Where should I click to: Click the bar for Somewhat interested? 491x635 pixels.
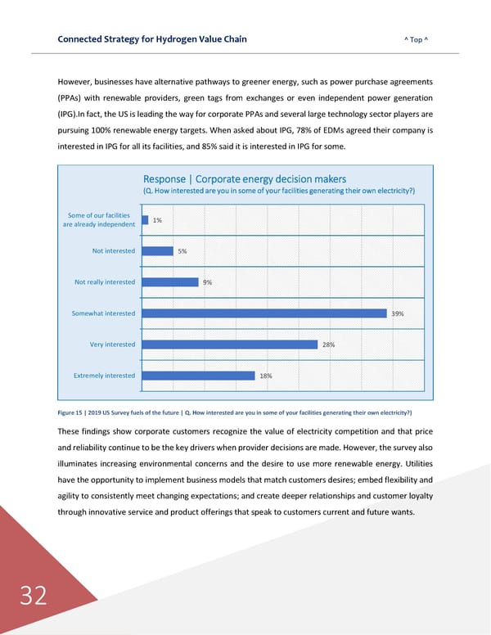coord(261,313)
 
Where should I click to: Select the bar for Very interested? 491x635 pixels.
coord(227,345)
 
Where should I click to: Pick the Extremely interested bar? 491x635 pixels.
coord(196,376)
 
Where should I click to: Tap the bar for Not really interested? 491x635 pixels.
coord(168,282)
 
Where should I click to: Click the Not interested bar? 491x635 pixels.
coord(155,251)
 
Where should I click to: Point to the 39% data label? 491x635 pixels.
coord(398,313)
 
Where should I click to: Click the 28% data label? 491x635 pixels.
coord(327,345)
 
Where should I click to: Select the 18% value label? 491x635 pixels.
coord(265,376)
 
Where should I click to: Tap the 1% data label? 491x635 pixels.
coord(157,220)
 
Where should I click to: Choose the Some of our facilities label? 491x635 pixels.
coord(99,215)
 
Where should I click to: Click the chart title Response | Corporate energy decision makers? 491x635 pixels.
coord(244,179)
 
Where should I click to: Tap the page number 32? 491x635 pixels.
coord(34,596)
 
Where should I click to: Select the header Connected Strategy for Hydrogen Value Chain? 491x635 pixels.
coord(152,39)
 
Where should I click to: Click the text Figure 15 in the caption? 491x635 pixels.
coord(72,412)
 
